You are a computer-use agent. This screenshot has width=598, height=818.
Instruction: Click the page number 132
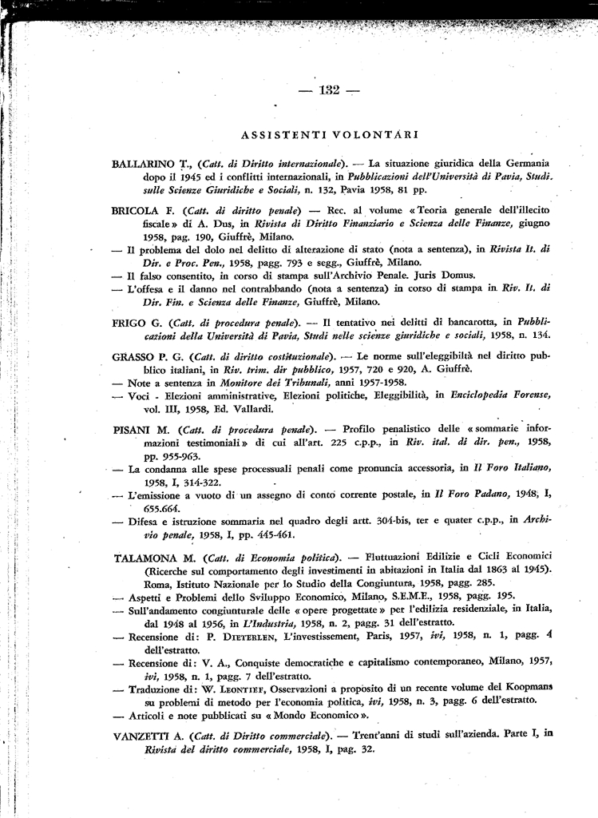point(330,89)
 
